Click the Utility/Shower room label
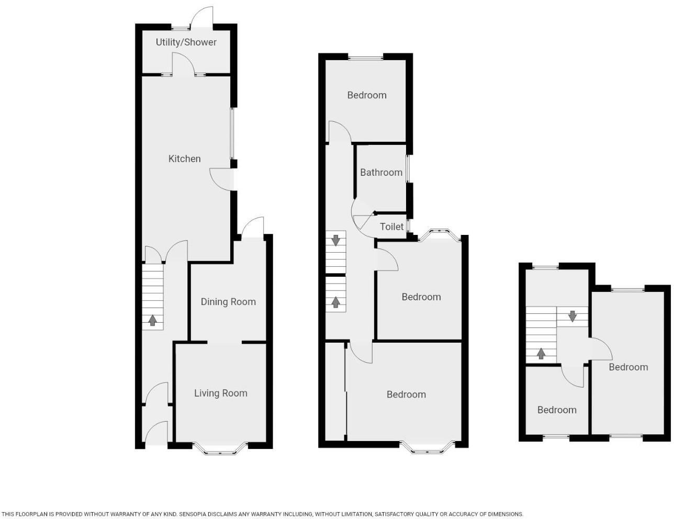point(186,42)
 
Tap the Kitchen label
point(184,159)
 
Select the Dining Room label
point(228,302)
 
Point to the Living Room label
point(220,393)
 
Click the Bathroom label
point(381,173)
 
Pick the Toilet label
point(391,227)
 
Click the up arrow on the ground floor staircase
point(153,320)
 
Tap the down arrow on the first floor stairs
point(335,240)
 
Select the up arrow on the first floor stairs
point(335,302)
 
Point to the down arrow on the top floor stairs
point(572,316)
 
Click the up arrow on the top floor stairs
point(541,354)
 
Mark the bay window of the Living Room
point(220,448)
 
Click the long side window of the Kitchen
point(233,133)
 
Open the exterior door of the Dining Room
point(252,228)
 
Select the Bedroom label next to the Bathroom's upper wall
point(367,95)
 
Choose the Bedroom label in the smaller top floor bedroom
point(557,410)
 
